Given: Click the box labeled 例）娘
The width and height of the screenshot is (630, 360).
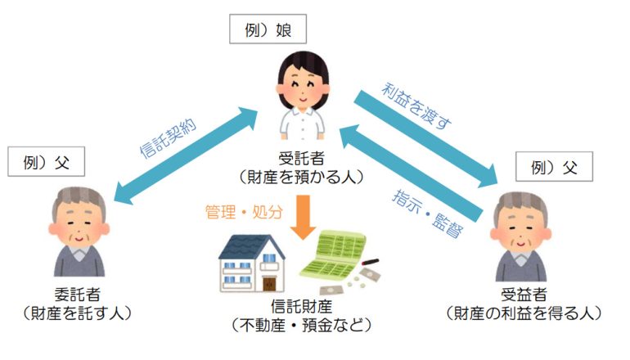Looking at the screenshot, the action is pyautogui.click(x=268, y=29).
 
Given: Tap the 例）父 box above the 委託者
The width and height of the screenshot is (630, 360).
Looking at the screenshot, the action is pyautogui.click(x=46, y=161).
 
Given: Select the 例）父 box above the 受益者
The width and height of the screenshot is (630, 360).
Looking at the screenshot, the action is pyautogui.click(x=554, y=166).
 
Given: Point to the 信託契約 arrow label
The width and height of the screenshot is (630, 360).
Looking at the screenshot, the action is pyautogui.click(x=169, y=137).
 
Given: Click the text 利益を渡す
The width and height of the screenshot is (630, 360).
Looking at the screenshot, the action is pyautogui.click(x=416, y=106).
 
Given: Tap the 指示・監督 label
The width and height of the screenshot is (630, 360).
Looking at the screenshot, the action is pyautogui.click(x=427, y=214).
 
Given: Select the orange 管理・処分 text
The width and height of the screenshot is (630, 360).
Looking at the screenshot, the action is pyautogui.click(x=245, y=212).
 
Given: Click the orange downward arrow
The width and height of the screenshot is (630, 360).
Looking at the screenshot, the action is pyautogui.click(x=304, y=218).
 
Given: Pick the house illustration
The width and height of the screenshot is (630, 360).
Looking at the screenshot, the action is pyautogui.click(x=251, y=263).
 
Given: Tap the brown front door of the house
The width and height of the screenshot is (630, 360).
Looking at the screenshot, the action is pyautogui.click(x=269, y=283).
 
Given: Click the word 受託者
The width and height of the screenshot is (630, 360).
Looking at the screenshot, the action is pyautogui.click(x=301, y=158).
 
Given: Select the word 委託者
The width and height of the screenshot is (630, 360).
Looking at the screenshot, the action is pyautogui.click(x=77, y=295).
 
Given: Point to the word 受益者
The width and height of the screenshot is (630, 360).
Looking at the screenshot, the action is pyautogui.click(x=524, y=295).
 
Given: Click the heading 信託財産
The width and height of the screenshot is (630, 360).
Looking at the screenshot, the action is pyautogui.click(x=301, y=307).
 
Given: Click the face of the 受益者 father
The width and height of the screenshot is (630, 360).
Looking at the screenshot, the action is pyautogui.click(x=520, y=232).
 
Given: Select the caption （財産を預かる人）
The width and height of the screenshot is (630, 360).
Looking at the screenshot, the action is pyautogui.click(x=301, y=177).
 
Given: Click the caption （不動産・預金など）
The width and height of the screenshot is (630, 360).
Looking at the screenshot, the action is pyautogui.click(x=301, y=325).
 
